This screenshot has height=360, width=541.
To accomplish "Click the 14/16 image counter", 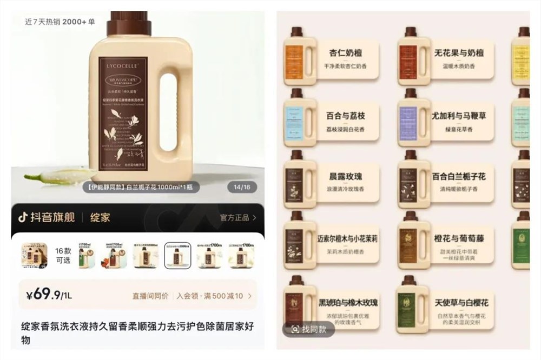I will pos(240,188).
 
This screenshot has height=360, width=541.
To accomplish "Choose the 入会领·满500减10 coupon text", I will pos(213,296).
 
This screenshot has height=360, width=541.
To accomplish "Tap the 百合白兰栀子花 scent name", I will pos(459,176).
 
